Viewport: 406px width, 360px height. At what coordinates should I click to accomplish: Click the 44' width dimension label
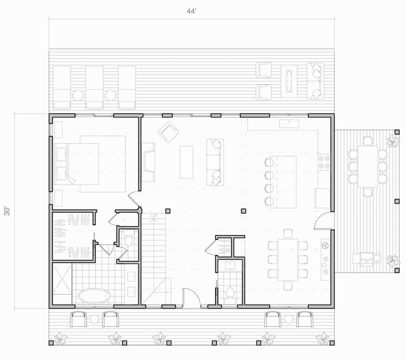191,11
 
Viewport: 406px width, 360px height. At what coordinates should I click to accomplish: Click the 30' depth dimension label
7,211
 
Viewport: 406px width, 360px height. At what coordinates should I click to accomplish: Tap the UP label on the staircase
154,216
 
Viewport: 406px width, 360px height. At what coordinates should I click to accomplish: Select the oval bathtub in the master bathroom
94,296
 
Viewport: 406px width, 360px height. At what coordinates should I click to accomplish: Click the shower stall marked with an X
62,284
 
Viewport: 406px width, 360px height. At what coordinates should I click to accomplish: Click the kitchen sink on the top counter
289,123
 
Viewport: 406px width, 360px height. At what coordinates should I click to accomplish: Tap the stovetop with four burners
324,162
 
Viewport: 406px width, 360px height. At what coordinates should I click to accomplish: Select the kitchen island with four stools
283,182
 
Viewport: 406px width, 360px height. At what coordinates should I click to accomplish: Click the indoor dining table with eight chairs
288,259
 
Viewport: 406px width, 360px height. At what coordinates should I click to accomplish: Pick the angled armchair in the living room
169,132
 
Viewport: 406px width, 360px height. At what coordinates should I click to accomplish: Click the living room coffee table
186,162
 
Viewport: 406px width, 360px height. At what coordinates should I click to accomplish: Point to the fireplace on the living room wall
148,162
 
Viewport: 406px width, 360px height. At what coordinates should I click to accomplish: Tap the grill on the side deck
367,258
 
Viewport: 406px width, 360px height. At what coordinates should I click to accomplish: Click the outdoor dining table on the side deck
368,166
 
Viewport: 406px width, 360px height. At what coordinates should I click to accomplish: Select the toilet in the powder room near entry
230,295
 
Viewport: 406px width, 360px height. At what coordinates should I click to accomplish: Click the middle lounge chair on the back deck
94,87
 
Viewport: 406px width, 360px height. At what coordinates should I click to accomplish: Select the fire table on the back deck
289,81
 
